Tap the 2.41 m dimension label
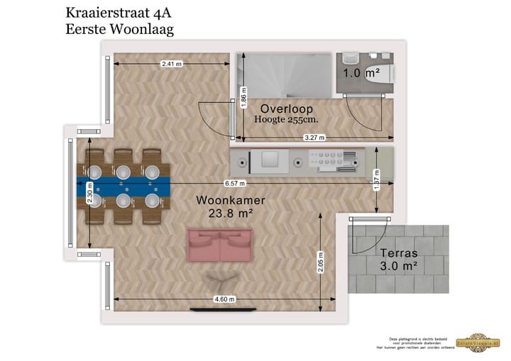pyautogui.click(x=172, y=64)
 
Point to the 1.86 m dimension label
pyautogui.click(x=243, y=97)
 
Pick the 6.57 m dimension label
pyautogui.click(x=233, y=183)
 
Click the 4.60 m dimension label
pyautogui.click(x=224, y=299)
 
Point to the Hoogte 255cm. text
pyautogui.click(x=286, y=120)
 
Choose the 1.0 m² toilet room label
pyautogui.click(x=361, y=73)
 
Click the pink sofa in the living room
pyautogui.click(x=219, y=245)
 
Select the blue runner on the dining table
pyautogui.click(x=123, y=186)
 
